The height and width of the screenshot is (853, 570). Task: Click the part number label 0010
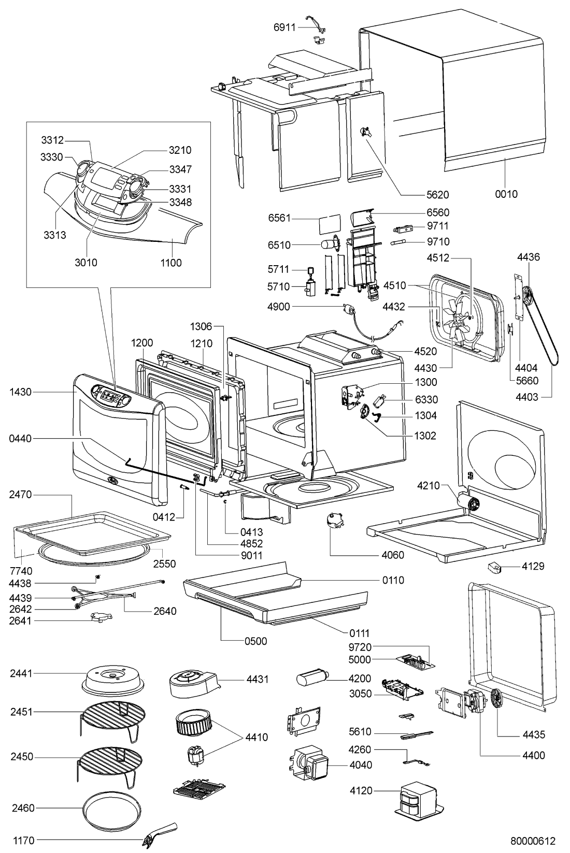pyautogui.click(x=506, y=194)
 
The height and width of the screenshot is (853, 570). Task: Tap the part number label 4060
pyautogui.click(x=392, y=555)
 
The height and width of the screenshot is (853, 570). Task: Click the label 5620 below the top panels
pyautogui.click(x=438, y=195)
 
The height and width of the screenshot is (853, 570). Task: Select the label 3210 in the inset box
pyautogui.click(x=180, y=150)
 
